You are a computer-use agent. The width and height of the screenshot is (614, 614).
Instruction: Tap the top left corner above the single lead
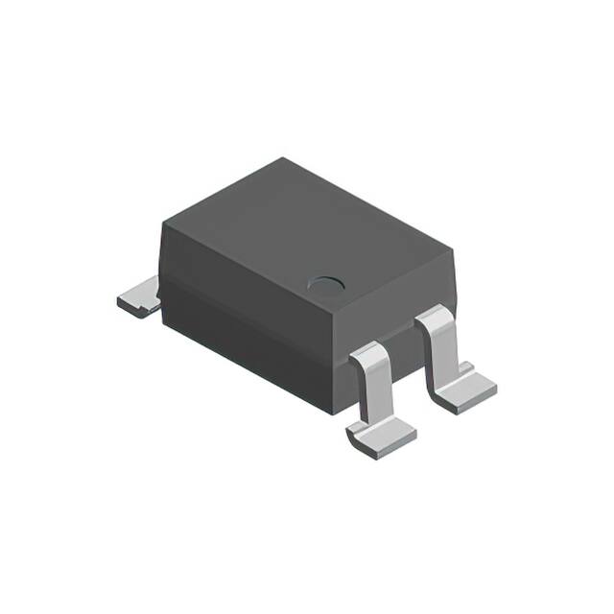click(x=162, y=223)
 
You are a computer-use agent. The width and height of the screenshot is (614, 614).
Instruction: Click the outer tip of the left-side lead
click(x=122, y=304)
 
